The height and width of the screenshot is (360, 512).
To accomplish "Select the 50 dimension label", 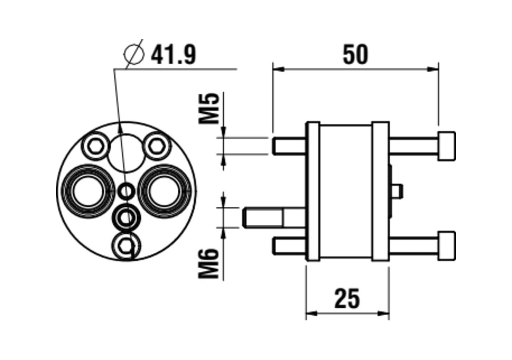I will [x=355, y=55].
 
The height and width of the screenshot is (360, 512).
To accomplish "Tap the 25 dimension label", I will [x=347, y=298].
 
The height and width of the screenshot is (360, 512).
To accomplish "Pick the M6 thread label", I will [x=210, y=263].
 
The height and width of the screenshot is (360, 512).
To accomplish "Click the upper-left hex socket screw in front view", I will [x=96, y=146].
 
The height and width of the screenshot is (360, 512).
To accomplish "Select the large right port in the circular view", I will [x=164, y=191].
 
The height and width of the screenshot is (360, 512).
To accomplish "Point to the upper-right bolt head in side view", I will [x=446, y=146].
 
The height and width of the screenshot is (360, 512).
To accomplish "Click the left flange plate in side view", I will [x=313, y=192].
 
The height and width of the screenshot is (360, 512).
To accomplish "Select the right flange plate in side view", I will [x=380, y=192].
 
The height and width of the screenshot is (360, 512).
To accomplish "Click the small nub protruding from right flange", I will [x=398, y=192].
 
